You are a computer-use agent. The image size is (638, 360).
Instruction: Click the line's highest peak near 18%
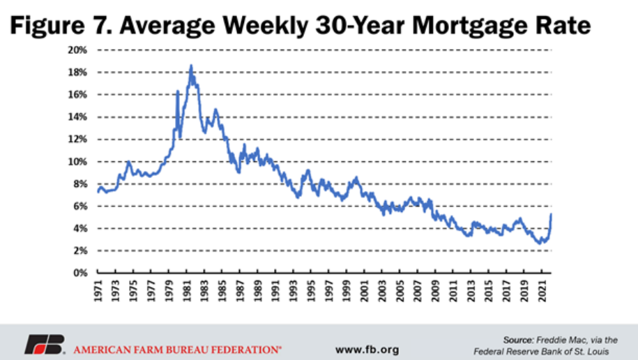pos(191,66)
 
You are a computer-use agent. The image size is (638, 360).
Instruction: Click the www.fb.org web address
pos(367,345)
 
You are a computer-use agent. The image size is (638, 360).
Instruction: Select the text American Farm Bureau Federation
pos(178,345)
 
